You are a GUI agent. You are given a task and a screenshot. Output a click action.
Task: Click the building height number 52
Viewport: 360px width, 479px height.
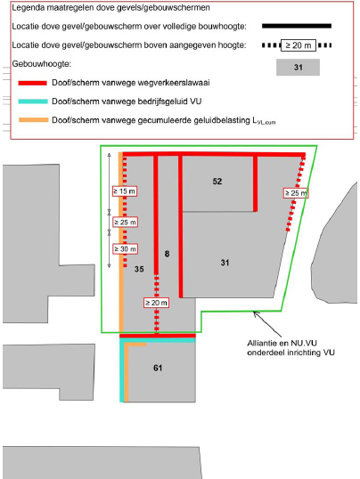pos(217,181)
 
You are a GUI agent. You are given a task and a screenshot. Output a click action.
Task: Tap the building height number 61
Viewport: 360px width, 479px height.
pos(158,368)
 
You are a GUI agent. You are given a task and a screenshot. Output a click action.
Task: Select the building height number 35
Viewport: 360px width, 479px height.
pos(139,269)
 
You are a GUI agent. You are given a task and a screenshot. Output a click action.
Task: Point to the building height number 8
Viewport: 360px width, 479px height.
pos(167,254)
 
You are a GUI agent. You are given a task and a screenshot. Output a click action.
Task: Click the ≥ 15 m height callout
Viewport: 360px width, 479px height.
pos(125,191)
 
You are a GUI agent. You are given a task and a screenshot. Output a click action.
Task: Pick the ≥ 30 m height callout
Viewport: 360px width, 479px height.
pos(125,249)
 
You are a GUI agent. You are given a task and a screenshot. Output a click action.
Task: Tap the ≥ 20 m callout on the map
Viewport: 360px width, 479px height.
pos(156,303)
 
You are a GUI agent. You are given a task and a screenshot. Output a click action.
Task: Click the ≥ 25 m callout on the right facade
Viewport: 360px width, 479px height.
pos(296,193)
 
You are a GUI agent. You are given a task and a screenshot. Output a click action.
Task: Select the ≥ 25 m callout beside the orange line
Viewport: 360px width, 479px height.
pos(125,222)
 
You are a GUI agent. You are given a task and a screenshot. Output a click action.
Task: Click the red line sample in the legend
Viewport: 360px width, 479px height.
pos(33,83)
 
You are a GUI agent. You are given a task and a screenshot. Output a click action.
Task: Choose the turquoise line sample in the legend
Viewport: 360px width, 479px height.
pos(33,101)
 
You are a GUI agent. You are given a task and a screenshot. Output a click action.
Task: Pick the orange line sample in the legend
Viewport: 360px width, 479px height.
pos(33,120)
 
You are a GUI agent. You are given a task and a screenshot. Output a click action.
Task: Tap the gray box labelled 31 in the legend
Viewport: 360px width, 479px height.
pos(298,67)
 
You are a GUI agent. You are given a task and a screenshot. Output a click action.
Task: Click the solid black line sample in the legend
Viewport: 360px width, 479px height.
pos(297,27)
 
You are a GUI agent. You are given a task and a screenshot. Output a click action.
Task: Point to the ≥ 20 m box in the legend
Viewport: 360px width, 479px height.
pos(299,45)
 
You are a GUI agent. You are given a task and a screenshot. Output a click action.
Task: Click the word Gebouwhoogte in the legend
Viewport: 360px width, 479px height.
pos(41,64)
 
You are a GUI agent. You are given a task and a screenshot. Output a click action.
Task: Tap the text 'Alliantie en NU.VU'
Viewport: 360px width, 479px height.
pos(282,343)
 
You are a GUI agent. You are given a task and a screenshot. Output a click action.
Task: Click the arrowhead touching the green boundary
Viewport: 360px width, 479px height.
pos(256,313)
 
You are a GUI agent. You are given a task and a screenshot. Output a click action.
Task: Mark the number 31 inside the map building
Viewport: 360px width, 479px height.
pos(225,263)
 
